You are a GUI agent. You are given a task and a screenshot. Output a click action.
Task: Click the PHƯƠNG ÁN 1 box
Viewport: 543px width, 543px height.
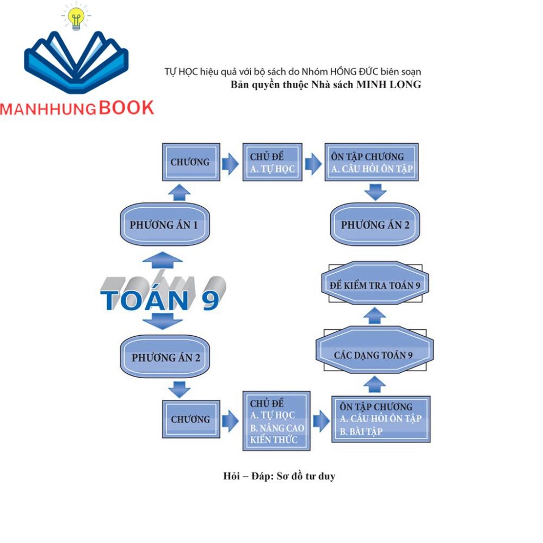[x=164, y=225]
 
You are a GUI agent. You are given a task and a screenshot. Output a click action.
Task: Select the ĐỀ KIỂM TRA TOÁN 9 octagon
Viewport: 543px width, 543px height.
[x=375, y=286]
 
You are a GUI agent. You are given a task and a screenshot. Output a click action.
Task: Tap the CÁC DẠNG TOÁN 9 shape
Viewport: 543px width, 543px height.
[x=375, y=355]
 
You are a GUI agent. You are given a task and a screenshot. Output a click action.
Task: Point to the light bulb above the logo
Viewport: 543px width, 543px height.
[x=77, y=18]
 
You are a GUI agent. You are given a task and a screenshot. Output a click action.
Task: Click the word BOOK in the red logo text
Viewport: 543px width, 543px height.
[x=126, y=108]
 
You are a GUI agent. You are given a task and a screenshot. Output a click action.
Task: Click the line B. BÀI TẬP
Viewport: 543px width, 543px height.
[x=361, y=432]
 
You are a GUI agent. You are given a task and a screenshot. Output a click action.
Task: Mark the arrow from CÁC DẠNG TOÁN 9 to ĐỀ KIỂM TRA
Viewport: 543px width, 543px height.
[x=374, y=316]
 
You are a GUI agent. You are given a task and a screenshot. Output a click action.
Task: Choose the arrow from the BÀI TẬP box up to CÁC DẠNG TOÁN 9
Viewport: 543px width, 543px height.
[x=374, y=384]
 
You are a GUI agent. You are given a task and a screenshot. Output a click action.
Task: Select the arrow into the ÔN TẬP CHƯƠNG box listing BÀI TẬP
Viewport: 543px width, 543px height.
[x=321, y=420]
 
